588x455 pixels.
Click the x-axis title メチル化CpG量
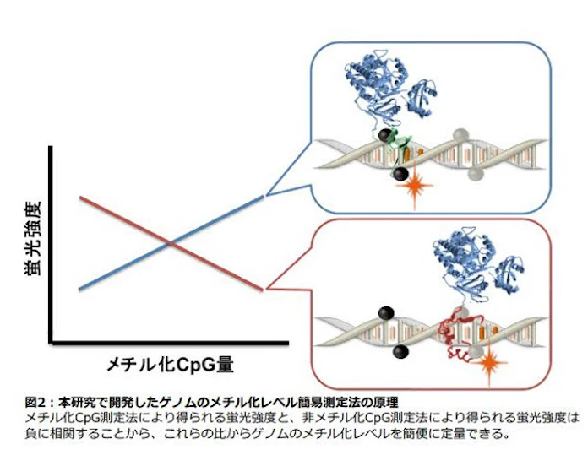171,365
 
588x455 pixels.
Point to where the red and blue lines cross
171,244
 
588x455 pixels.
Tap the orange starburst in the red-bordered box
489,363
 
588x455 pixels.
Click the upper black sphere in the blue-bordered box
385,135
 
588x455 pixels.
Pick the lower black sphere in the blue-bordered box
400,174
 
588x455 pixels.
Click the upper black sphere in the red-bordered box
386,313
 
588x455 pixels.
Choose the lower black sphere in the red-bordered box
400,351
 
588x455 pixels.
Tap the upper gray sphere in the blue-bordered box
461,135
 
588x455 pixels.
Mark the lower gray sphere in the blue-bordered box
476,174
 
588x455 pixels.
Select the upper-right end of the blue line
264,196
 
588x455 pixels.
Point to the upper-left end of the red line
80,198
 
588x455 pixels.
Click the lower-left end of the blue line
79,290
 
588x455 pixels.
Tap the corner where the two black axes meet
51,342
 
